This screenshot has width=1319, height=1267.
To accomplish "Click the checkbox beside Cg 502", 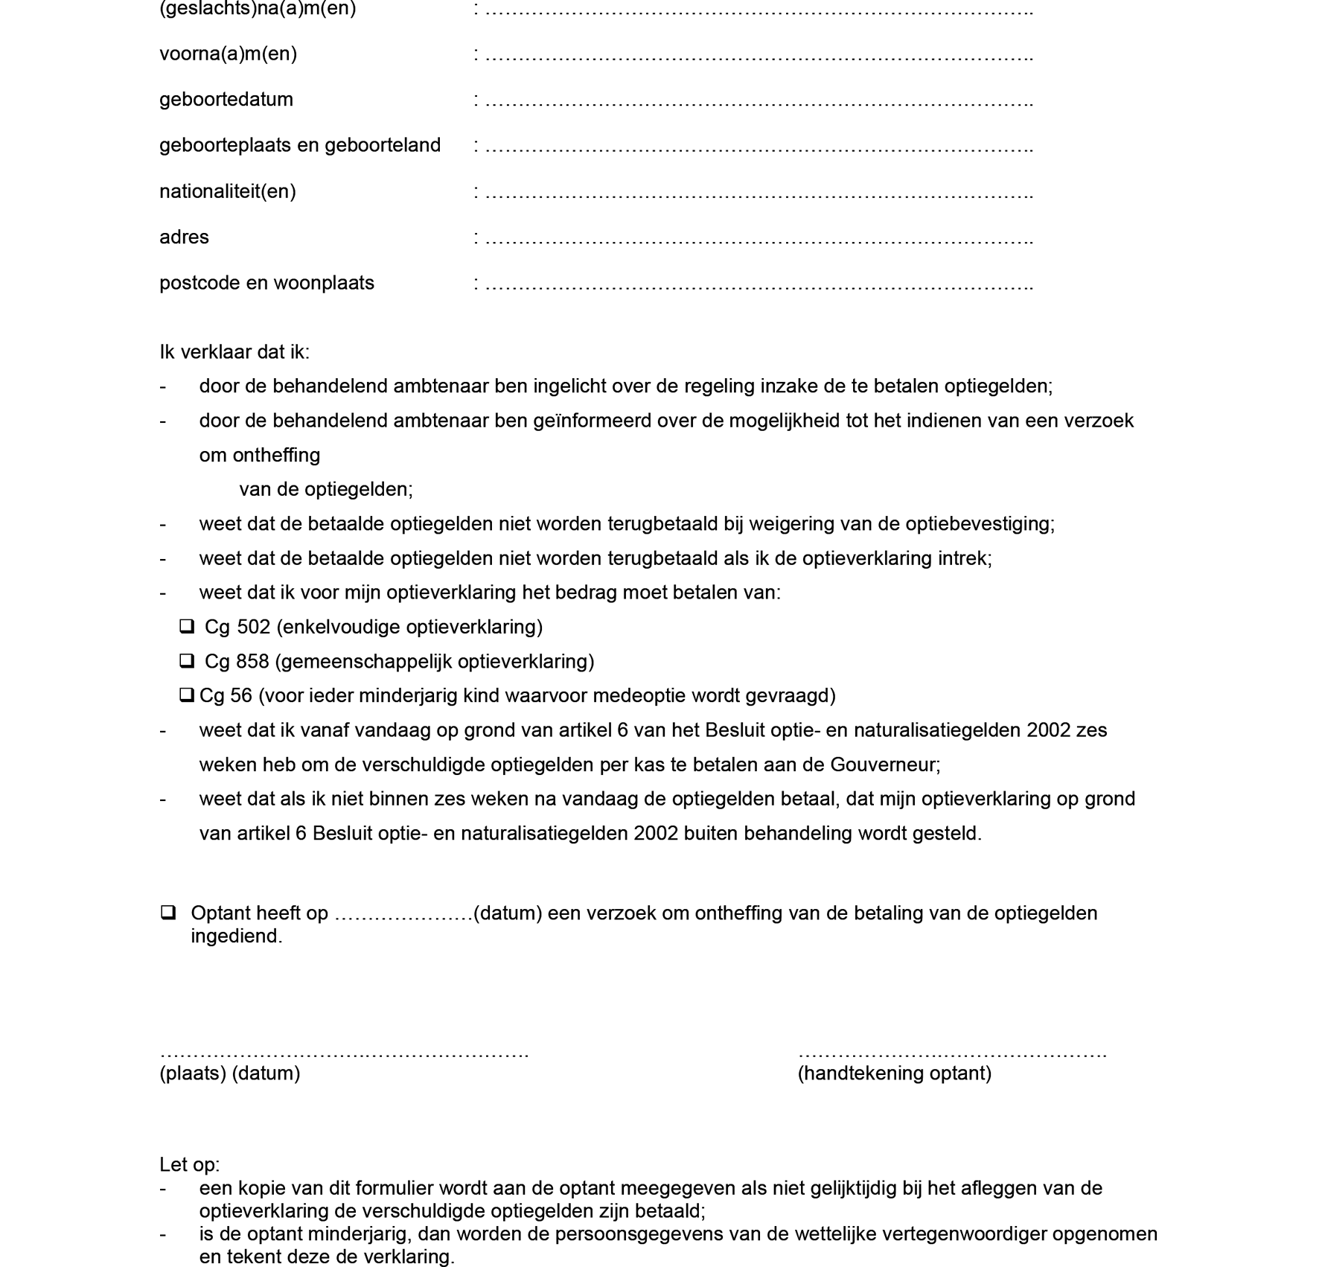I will point(187,627).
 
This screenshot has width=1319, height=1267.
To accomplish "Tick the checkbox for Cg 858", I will point(187,661).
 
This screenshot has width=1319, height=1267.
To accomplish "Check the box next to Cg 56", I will point(186,695).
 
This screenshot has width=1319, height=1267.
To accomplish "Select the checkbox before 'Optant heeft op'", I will point(168,913).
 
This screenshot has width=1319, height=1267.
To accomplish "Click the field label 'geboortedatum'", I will point(226,99).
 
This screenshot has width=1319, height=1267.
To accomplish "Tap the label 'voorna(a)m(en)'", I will point(228,54).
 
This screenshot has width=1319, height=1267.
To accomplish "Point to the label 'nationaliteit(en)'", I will point(228,191).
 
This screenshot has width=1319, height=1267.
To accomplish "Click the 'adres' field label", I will point(184,237).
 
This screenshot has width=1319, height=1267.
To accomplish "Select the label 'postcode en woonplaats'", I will point(266,283).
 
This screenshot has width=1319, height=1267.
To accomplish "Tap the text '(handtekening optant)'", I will point(894,1073).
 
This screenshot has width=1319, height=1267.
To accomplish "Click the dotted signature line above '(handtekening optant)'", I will point(952,1053).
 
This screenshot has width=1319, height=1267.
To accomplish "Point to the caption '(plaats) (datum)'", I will point(229,1073).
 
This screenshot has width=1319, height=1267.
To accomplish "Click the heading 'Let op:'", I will point(189,1164).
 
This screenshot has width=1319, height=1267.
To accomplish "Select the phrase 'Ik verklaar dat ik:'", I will point(234,351).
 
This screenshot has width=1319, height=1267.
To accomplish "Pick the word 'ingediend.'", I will point(237,936).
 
